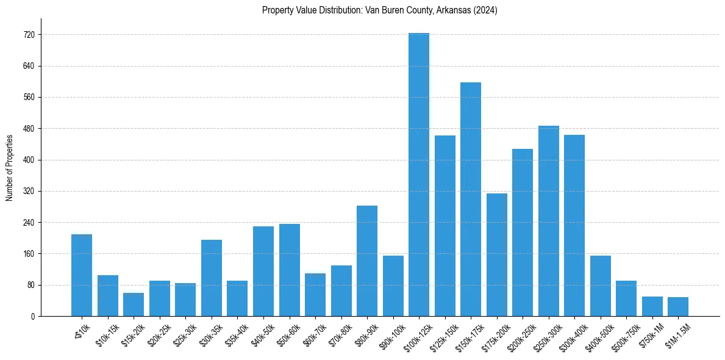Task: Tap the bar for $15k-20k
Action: pyautogui.click(x=134, y=304)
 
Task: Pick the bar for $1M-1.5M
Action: pyautogui.click(x=678, y=306)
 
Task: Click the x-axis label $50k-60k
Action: pyautogui.click(x=287, y=334)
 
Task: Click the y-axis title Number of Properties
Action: pyautogui.click(x=9, y=167)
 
